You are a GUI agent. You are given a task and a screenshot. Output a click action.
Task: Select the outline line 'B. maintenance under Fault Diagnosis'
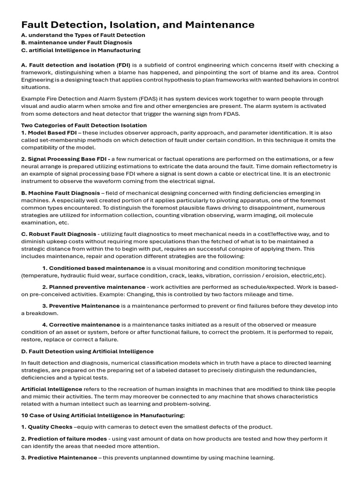click(x=76, y=43)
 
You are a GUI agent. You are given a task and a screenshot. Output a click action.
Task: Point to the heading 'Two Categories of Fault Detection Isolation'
click(x=84, y=125)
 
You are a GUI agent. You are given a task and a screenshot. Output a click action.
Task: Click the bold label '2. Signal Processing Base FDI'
click(x=59, y=159)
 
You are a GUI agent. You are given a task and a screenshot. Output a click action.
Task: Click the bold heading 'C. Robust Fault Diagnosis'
click(x=59, y=234)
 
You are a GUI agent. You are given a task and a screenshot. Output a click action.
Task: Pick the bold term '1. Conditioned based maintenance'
click(x=87, y=268)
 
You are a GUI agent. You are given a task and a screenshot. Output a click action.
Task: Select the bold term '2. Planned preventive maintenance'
click(x=94, y=287)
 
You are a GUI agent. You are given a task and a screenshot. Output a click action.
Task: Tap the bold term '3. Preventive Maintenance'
click(x=81, y=306)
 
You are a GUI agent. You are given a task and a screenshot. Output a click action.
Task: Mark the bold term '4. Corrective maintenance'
click(x=81, y=324)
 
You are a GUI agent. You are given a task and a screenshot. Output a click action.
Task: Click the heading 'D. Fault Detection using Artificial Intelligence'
click(x=87, y=351)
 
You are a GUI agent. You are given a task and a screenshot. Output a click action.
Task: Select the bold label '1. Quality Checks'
click(x=47, y=427)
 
